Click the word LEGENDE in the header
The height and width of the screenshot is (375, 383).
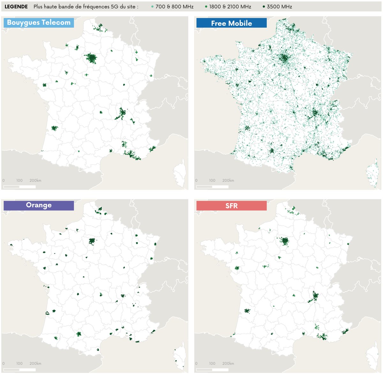pos(16,6)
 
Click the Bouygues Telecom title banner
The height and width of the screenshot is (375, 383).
pos(39,23)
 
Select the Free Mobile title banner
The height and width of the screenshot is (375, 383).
pos(231,23)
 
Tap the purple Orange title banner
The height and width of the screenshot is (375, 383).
pos(39,205)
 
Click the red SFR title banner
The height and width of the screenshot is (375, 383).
pos(231,206)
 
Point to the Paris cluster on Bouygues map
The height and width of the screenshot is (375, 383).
pos(92,59)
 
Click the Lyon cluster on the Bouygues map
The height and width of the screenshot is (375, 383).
pos(122,113)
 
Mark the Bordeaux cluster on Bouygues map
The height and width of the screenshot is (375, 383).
pos(54,128)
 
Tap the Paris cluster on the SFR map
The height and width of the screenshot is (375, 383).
pos(284,241)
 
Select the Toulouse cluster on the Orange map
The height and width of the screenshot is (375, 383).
pos(79,334)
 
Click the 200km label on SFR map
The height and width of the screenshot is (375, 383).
pos(228,363)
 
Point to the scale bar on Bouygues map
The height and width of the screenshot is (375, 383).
pos(19,187)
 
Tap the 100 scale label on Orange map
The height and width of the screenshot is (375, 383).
pos(19,363)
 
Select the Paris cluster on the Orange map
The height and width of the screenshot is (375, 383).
pos(92,241)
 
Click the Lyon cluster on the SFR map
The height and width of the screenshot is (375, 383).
pos(314,297)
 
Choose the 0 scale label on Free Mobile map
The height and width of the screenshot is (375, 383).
pos(196,180)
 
